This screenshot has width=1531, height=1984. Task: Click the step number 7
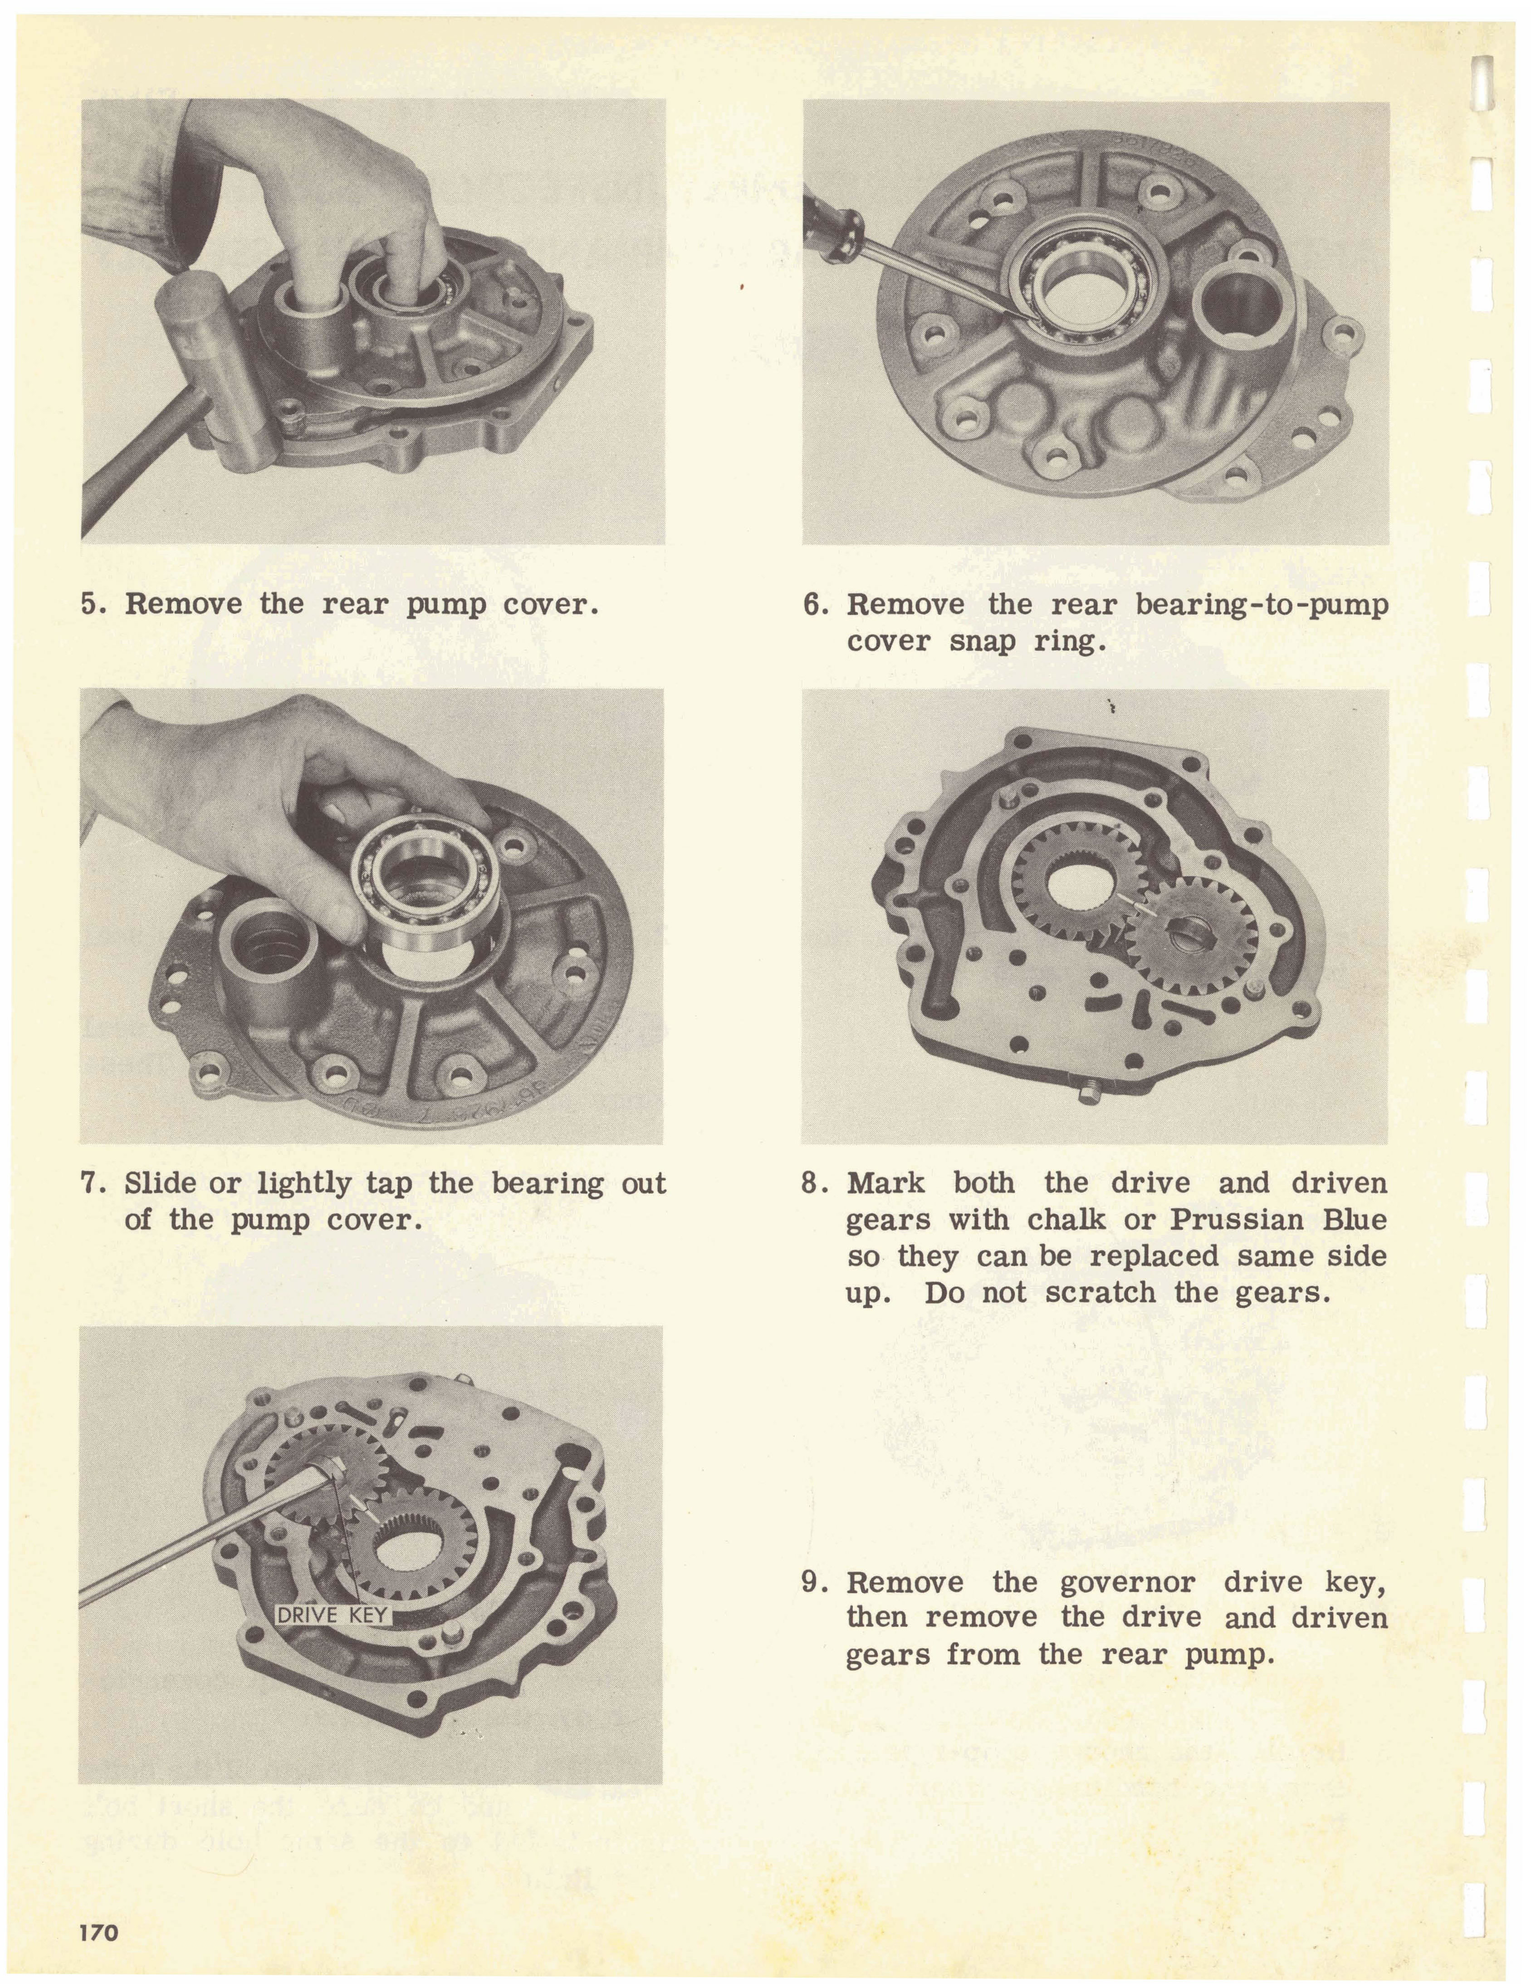[x=90, y=1184]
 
